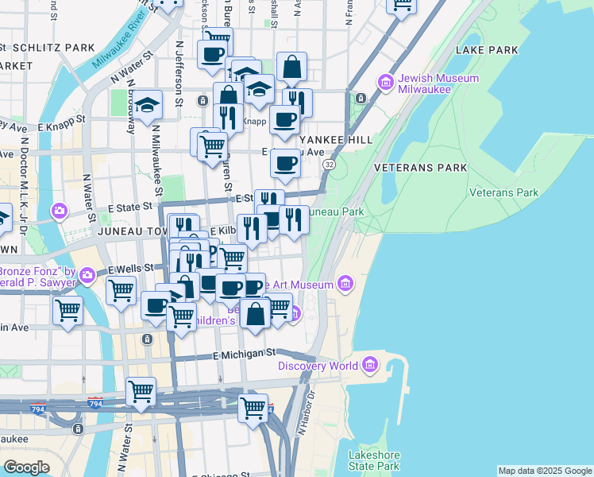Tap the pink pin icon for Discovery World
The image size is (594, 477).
(x=369, y=365)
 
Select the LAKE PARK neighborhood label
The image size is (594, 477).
(x=487, y=50)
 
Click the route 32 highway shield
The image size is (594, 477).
(x=329, y=164)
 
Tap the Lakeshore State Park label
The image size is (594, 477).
(x=373, y=460)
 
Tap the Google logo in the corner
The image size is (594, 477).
(x=26, y=467)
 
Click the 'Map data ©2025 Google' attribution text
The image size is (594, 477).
(x=544, y=471)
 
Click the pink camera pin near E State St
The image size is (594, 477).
(x=60, y=211)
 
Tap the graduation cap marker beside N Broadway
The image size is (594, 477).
(x=147, y=106)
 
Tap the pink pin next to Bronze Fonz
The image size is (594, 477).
(x=87, y=276)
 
